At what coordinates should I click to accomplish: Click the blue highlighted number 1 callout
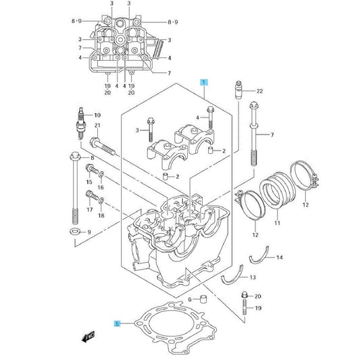[x=204, y=82]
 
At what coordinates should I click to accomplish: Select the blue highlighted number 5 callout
[x=118, y=324]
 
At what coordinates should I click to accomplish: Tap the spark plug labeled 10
[x=81, y=124]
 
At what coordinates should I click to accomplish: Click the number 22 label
[x=259, y=91]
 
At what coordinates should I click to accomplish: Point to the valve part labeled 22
[x=239, y=90]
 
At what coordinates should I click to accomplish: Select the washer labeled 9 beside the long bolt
[x=75, y=231]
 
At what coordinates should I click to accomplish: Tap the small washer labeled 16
[x=101, y=174]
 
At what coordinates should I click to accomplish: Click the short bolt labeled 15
[x=92, y=170]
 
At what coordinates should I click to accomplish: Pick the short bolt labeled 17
[x=92, y=195]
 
